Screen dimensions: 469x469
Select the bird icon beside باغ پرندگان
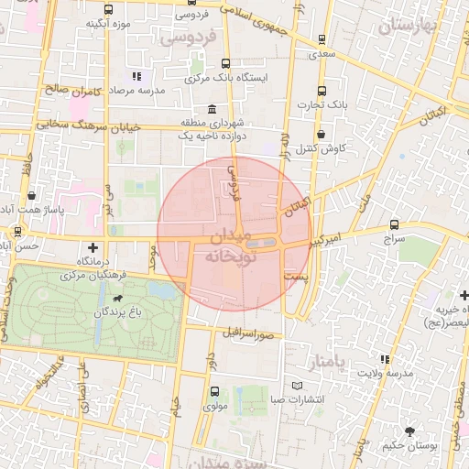(x=118, y=299)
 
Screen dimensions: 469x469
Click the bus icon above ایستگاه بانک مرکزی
(x=225, y=64)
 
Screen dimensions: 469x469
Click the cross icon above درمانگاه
(x=93, y=247)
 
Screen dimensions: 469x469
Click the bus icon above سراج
(x=394, y=224)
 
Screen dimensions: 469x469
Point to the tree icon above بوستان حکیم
(x=409, y=431)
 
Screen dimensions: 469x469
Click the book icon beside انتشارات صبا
(x=295, y=386)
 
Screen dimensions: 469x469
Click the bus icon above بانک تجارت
(x=321, y=91)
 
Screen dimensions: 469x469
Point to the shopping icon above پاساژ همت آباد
(x=33, y=195)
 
